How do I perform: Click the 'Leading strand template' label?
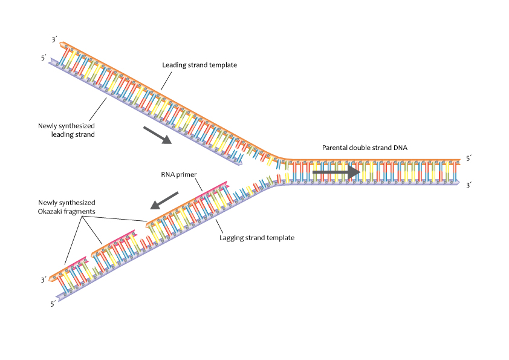click(x=199, y=65)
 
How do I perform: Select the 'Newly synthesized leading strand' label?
click(x=66, y=130)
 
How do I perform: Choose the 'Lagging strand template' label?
click(x=257, y=238)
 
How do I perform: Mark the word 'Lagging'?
click(x=232, y=238)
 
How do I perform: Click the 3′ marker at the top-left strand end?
click(x=54, y=40)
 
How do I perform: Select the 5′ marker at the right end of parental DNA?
click(x=468, y=159)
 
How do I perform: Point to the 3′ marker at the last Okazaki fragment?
click(x=44, y=280)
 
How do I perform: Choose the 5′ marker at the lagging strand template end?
click(x=53, y=304)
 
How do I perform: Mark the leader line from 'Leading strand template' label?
click(x=167, y=80)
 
